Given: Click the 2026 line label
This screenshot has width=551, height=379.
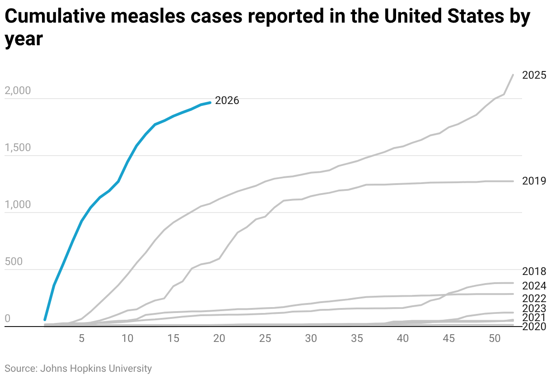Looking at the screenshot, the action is pyautogui.click(x=227, y=100).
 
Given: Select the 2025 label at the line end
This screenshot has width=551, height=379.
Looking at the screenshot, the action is pyautogui.click(x=534, y=75).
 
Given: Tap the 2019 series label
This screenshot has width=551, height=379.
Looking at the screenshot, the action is pyautogui.click(x=534, y=181).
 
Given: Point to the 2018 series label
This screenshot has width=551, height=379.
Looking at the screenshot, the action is pyautogui.click(x=534, y=271).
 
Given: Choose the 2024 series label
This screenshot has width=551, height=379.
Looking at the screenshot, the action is pyautogui.click(x=534, y=286).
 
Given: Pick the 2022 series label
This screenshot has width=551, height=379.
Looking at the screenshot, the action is pyautogui.click(x=534, y=298).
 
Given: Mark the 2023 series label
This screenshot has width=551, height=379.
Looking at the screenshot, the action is pyautogui.click(x=534, y=308).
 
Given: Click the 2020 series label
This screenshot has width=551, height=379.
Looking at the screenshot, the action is pyautogui.click(x=534, y=327).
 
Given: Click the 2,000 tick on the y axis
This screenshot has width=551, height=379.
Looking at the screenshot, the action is pyautogui.click(x=18, y=90).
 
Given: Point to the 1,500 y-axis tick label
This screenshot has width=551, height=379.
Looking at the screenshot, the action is pyautogui.click(x=18, y=147).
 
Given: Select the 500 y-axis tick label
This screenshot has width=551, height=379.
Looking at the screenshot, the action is pyautogui.click(x=14, y=261).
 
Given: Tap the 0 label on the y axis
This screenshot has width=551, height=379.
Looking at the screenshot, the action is pyautogui.click(x=7, y=318).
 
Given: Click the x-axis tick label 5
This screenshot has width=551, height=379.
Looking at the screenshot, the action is pyautogui.click(x=82, y=338).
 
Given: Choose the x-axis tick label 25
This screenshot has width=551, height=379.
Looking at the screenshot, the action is pyautogui.click(x=265, y=338).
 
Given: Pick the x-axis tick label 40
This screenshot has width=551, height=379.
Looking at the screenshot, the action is pyautogui.click(x=403, y=338).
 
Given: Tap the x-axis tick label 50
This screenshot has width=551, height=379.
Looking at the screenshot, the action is pyautogui.click(x=495, y=338).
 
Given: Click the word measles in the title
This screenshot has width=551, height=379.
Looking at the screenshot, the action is pyautogui.click(x=148, y=16).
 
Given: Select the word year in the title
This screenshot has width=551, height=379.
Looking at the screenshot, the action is pyautogui.click(x=23, y=39).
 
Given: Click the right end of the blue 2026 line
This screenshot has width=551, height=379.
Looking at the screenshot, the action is pyautogui.click(x=210, y=103).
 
